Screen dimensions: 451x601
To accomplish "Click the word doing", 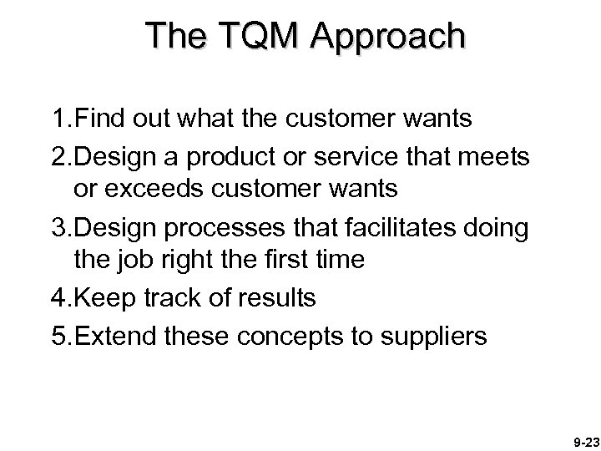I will (x=497, y=227).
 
